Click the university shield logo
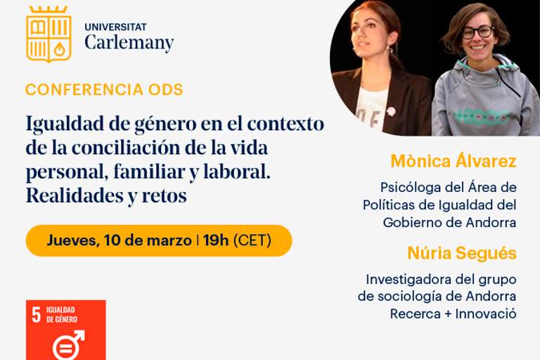point(49,34)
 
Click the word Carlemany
point(129,43)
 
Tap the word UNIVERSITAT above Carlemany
point(116,27)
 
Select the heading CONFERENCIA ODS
point(104,89)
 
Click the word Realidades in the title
point(74,195)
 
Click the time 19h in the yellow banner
point(216,240)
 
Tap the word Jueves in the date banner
point(73,240)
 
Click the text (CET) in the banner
point(252,240)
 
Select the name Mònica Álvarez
point(454,161)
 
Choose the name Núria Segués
point(462,253)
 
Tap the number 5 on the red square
point(36,314)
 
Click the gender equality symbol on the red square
point(67,345)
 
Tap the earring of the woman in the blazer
point(390,51)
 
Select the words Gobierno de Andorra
point(449,223)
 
